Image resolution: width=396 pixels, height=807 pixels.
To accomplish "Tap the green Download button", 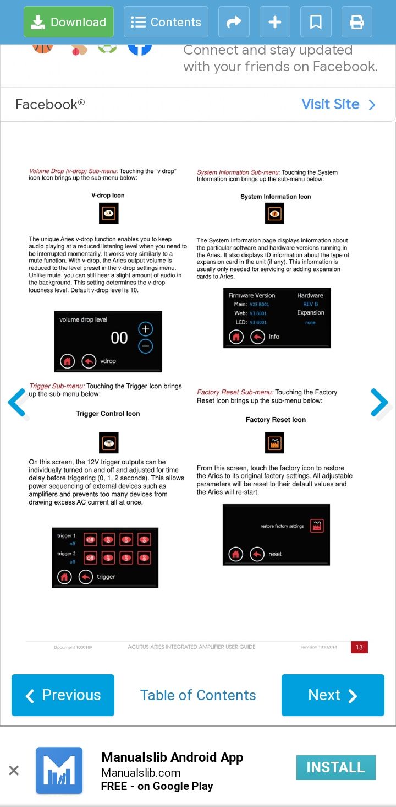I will (69, 22).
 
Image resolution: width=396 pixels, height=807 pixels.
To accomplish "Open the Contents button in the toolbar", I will (166, 22).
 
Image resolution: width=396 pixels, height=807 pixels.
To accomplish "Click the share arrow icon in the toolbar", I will (234, 22).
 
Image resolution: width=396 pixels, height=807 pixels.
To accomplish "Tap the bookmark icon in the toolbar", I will (316, 22).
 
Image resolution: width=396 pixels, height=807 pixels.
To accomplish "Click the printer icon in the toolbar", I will (357, 22).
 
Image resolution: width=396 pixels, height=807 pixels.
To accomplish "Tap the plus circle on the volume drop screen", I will (145, 329).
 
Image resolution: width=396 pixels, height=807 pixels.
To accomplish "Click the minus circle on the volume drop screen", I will (145, 346).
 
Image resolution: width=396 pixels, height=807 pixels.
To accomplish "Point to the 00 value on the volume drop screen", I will (119, 338).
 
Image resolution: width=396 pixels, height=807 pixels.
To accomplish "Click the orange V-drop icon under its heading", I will (109, 213).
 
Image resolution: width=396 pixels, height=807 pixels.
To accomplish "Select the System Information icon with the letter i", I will (274, 213).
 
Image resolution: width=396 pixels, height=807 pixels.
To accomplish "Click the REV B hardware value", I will (310, 304).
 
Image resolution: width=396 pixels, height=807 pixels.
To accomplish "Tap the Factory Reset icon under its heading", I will (274, 442).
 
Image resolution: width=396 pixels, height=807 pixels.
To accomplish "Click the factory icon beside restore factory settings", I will (316, 526).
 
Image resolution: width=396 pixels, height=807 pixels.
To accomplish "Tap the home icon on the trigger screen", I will (65, 577).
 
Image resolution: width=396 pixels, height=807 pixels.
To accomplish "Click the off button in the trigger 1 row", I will (90, 540).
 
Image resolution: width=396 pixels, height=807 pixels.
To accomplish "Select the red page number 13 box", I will (359, 647).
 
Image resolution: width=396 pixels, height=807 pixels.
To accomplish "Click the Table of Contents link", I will (198, 695).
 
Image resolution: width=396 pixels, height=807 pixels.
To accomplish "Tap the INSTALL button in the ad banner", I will (335, 767).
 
